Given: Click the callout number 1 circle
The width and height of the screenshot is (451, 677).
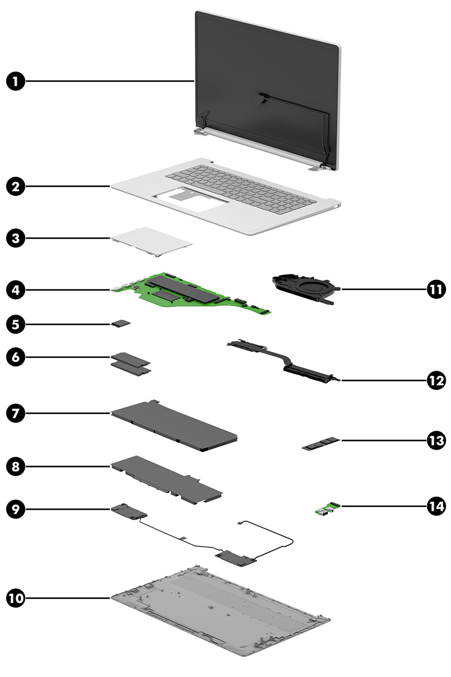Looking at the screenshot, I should pyautogui.click(x=16, y=82).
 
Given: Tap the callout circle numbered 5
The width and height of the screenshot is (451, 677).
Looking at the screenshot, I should pyautogui.click(x=16, y=324).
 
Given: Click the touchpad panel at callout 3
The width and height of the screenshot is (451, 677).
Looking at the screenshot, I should pyautogui.click(x=151, y=241).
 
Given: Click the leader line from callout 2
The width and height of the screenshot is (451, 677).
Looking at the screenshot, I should pyautogui.click(x=68, y=187).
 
